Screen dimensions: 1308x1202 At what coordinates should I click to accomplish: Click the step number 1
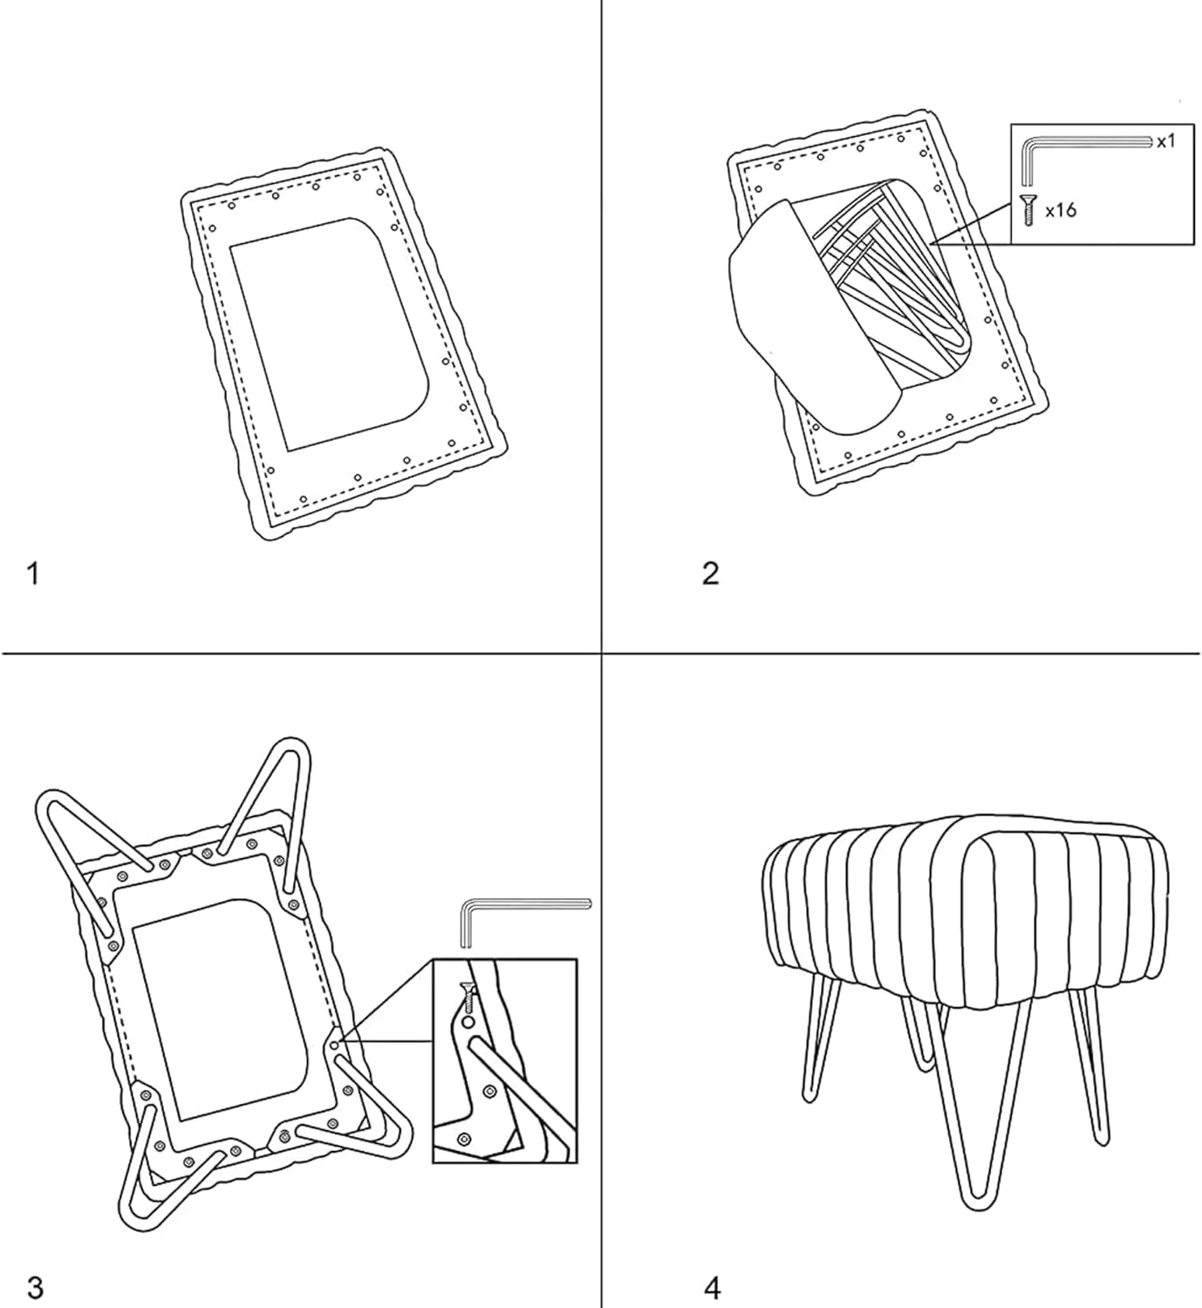coord(33,574)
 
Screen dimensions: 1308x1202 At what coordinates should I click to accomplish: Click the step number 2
coord(711,574)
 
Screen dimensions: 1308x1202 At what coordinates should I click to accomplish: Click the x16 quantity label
coord(1061,210)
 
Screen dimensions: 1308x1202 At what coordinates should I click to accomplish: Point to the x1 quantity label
coord(1166,141)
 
